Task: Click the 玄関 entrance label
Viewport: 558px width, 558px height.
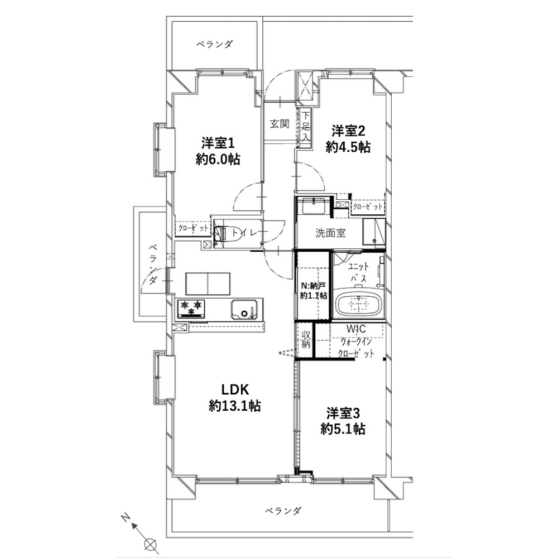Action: tap(280, 124)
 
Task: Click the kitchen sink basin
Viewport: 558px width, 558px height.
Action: tap(243, 309)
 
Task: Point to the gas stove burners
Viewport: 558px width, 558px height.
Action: tap(191, 308)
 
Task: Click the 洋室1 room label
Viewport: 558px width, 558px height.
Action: tap(218, 143)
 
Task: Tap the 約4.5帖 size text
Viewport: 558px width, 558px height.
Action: tap(348, 147)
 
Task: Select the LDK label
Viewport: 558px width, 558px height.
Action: tap(235, 389)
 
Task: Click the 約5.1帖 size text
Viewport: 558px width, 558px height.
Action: tap(343, 429)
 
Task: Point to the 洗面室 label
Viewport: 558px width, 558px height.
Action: tap(330, 233)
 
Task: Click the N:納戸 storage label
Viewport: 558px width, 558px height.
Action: tap(313, 285)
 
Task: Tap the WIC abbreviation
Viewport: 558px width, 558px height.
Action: tap(357, 329)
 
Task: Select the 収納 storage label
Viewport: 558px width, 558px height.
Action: tap(306, 339)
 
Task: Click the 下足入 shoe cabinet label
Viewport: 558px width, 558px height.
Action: tap(305, 126)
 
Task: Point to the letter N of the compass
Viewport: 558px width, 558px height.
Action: tap(125, 517)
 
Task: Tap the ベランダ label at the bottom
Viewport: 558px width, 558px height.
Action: tap(283, 511)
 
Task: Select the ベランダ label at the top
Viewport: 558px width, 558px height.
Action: tap(214, 44)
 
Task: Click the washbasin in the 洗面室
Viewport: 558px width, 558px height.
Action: tap(314, 206)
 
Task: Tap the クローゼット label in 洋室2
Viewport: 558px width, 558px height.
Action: tap(368, 207)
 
